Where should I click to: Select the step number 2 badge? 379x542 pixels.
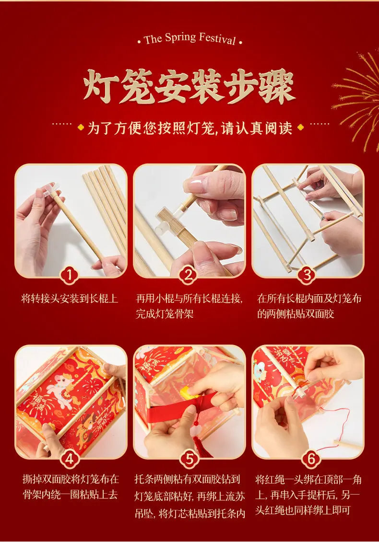[x=189, y=275]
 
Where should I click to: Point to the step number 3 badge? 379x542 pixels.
[x=307, y=275]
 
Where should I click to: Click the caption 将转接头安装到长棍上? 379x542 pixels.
[x=70, y=298]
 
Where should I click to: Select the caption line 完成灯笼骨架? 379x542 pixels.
[x=165, y=314]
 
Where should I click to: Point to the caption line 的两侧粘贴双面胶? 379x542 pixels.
[x=296, y=314]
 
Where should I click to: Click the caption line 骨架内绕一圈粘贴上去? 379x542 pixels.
[x=70, y=495]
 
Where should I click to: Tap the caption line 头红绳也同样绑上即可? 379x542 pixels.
[x=303, y=510]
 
